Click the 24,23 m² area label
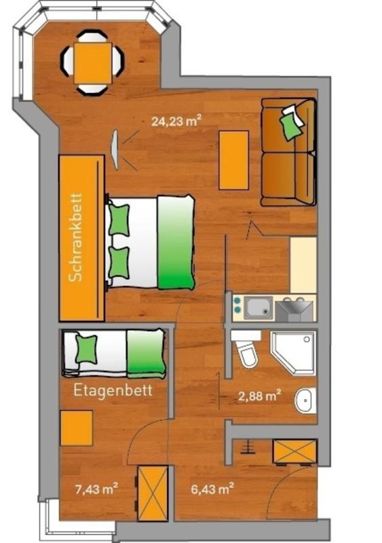click(x=176, y=121)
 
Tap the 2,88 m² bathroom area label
click(x=260, y=395)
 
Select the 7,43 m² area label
click(x=96, y=489)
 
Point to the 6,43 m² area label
click(x=212, y=489)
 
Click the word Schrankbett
click(x=76, y=237)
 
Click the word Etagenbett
click(x=113, y=391)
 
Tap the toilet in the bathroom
click(x=246, y=350)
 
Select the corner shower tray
click(x=293, y=353)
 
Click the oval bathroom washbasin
click(x=305, y=400)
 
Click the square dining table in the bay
click(x=93, y=63)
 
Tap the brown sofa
click(x=288, y=152)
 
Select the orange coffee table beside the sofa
click(x=234, y=160)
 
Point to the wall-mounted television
click(x=115, y=149)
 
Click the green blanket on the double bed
click(x=176, y=242)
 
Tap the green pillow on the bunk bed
click(x=87, y=349)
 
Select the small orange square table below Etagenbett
click(x=77, y=428)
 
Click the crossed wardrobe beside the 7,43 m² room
click(x=153, y=493)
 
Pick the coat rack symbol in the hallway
click(x=248, y=447)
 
